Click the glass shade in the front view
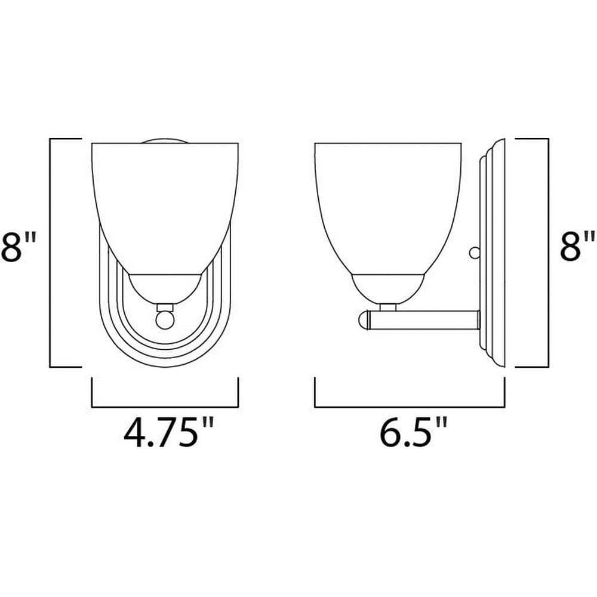[x=165, y=205]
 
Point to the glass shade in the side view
[x=388, y=205]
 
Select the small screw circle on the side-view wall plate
[x=475, y=253]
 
